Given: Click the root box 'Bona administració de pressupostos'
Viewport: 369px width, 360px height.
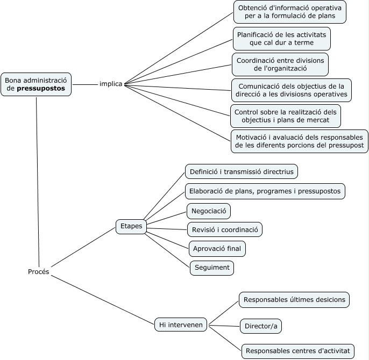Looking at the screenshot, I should tap(36, 84).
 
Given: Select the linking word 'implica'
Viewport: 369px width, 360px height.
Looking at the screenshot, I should tap(111, 84).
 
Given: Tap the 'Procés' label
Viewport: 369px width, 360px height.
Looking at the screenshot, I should tap(39, 272).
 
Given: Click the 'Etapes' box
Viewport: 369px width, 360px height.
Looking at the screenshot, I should tap(131, 226).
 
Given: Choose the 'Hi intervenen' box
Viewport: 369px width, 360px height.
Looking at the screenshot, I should tap(181, 325).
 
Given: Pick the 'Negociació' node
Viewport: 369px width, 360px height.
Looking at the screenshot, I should tap(209, 211).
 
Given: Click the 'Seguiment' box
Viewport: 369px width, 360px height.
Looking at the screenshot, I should tap(212, 268).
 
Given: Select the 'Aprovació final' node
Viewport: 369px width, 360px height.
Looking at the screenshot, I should tap(218, 249).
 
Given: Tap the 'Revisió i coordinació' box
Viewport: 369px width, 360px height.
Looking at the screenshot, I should tap(225, 230).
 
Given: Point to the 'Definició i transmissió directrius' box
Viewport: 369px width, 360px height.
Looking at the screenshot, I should tap(242, 172).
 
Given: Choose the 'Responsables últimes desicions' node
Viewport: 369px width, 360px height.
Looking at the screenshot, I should tap(294, 300).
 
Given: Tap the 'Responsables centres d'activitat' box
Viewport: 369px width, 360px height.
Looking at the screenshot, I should tap(298, 351).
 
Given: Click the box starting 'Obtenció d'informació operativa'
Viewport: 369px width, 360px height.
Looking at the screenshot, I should tap(289, 12).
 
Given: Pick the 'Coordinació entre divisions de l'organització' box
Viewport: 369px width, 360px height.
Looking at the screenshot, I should tap(280, 64).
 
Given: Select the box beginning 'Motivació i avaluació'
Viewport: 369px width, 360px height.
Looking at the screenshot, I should tap(300, 141).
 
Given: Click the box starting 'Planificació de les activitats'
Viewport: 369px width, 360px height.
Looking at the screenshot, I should tap(282, 38).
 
